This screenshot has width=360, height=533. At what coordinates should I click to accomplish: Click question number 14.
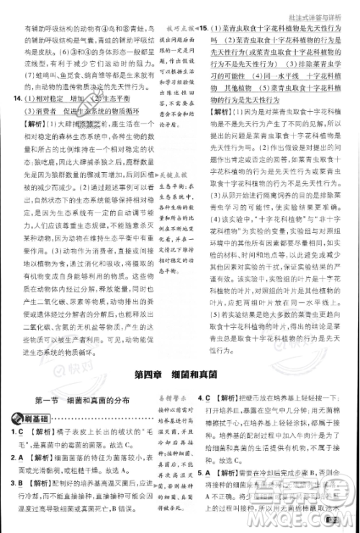[x=11, y=99]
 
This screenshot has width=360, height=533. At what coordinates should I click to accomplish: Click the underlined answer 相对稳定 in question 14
[x=43, y=99]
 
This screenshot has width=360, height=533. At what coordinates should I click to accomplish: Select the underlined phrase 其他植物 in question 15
[x=231, y=86]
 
